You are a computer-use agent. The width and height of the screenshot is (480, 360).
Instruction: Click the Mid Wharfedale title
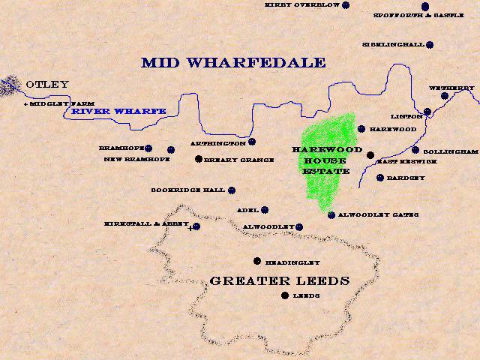coord(233,62)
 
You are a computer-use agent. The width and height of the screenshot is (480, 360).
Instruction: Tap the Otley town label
coord(47,85)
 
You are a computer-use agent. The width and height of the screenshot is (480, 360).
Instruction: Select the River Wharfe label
coord(118,112)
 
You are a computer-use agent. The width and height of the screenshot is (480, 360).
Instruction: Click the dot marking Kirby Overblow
coord(346,5)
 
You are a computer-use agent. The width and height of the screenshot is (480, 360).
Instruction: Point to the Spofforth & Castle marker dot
coord(425,6)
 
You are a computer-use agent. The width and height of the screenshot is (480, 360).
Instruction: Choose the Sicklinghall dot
coord(430,45)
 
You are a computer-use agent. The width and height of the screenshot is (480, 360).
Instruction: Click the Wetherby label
coord(451,88)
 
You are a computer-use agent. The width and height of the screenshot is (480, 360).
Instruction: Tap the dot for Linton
coord(427,112)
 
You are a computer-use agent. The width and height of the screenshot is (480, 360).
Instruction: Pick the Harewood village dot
coord(361,129)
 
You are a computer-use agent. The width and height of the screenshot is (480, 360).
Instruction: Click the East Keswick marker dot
coord(370,155)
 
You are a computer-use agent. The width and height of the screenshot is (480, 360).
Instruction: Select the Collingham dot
coord(415,150)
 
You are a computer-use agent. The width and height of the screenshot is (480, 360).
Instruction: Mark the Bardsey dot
coord(380,178)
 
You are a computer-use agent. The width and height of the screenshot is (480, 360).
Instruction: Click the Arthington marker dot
coord(252,141)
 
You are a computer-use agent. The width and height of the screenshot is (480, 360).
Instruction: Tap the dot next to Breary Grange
coord(199,159)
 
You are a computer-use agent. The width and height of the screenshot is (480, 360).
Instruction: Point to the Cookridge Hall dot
coord(232,190)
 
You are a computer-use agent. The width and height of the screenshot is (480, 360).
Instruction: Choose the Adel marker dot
coord(265,210)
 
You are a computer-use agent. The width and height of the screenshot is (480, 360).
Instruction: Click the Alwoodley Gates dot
coord(331,215)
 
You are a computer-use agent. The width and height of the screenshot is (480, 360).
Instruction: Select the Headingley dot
coord(257,261)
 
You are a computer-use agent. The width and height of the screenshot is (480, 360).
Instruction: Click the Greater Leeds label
coord(280,281)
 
